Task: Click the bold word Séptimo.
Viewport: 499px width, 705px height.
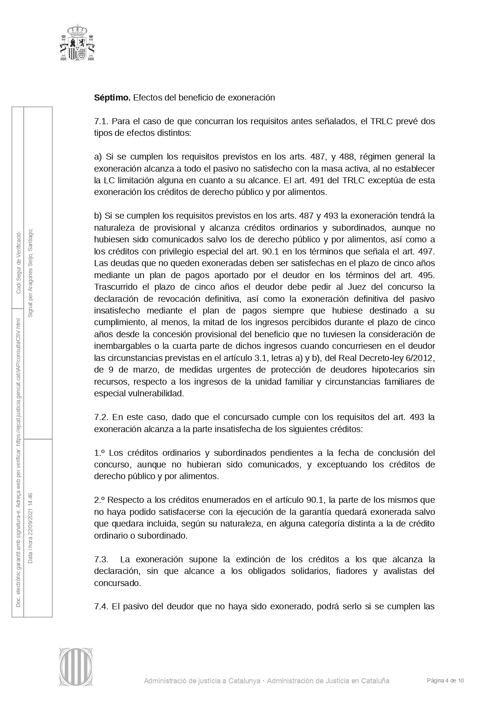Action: pyautogui.click(x=112, y=98)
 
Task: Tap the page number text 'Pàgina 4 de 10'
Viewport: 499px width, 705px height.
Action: pyautogui.click(x=445, y=681)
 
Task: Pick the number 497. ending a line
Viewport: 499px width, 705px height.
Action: pyautogui.click(x=427, y=252)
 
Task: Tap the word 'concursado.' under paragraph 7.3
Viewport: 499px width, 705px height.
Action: pyautogui.click(x=117, y=583)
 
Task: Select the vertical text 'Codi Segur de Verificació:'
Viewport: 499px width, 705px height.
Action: pyautogui.click(x=18, y=262)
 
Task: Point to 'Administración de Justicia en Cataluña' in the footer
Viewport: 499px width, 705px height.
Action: pyautogui.click(x=328, y=681)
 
